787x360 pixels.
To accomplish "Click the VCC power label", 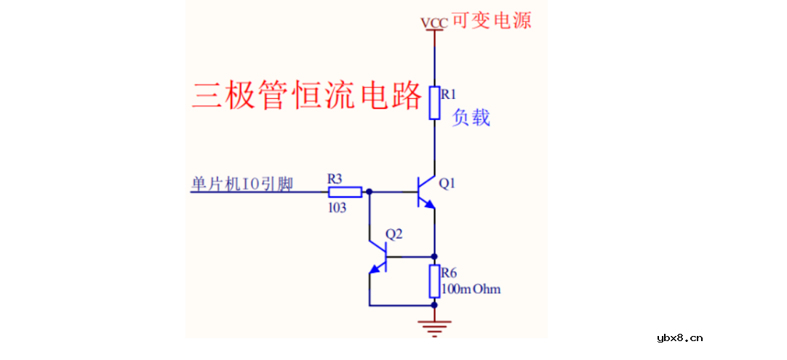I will (x=434, y=23).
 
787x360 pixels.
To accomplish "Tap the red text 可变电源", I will (x=492, y=20).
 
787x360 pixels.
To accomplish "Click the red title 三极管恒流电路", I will (x=306, y=95).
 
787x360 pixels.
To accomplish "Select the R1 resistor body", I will (x=434, y=103).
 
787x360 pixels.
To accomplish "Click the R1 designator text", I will (x=448, y=94).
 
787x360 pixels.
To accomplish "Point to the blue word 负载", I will (x=471, y=118).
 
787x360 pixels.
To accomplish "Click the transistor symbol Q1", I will (x=426, y=192).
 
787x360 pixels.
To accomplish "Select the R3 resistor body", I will (x=345, y=192).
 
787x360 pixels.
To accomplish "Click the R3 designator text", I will (x=335, y=177).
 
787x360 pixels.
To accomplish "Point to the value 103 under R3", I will (x=337, y=207).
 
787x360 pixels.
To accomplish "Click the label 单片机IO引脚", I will (x=241, y=185).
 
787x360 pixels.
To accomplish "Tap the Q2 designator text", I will (x=393, y=234).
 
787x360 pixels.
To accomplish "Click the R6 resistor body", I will (x=434, y=281).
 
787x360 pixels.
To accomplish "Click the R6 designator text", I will (x=449, y=273).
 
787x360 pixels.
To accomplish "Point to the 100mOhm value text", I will (x=471, y=289).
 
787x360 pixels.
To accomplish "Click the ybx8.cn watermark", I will (x=679, y=337).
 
